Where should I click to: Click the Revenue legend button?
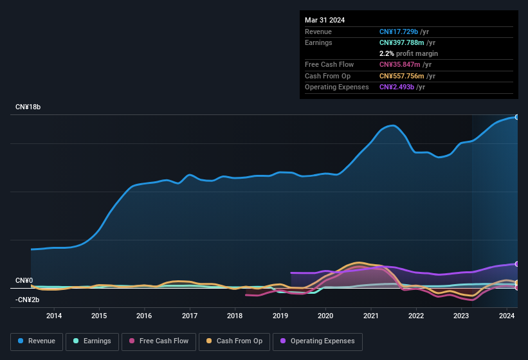37,341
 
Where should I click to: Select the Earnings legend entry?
92,341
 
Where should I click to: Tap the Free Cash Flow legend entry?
159,341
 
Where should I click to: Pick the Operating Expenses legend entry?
318,341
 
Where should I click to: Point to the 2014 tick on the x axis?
54,316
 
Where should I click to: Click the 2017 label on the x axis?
190,316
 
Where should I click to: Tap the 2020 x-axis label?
325,316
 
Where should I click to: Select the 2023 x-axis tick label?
461,316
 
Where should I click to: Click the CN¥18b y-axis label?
28,107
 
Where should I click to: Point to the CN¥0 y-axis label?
24,281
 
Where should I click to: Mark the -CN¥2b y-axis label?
28,300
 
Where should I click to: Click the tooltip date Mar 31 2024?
325,20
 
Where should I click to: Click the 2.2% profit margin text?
408,53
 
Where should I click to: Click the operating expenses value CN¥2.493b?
402,87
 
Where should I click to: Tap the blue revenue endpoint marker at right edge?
516,117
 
